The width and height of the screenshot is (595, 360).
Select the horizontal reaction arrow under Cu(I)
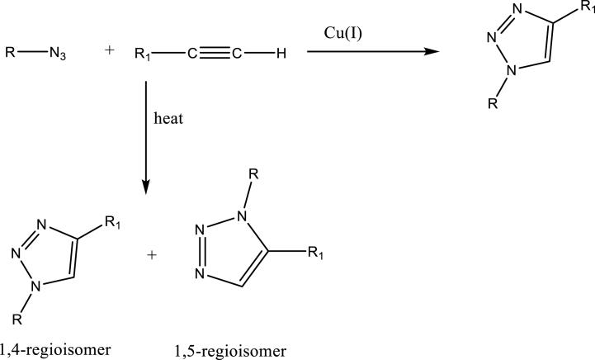point(371,53)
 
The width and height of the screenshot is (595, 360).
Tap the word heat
point(168,120)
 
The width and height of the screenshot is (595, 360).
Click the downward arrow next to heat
point(146,136)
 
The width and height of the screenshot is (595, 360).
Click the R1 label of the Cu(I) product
point(585,8)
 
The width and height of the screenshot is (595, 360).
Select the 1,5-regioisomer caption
point(232,352)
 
